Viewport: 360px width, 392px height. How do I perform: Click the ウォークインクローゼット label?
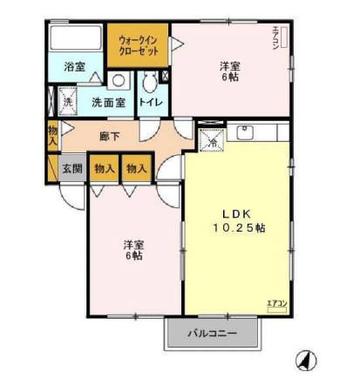(x=137, y=45)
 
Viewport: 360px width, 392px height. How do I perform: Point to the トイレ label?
(x=150, y=102)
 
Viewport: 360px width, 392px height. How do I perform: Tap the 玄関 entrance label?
(x=71, y=168)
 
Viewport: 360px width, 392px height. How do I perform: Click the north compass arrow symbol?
(x=307, y=359)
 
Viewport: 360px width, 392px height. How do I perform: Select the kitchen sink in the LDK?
(x=246, y=133)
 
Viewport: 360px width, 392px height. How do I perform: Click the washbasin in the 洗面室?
(x=119, y=81)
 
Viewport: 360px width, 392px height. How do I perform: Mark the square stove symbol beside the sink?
(x=210, y=138)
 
